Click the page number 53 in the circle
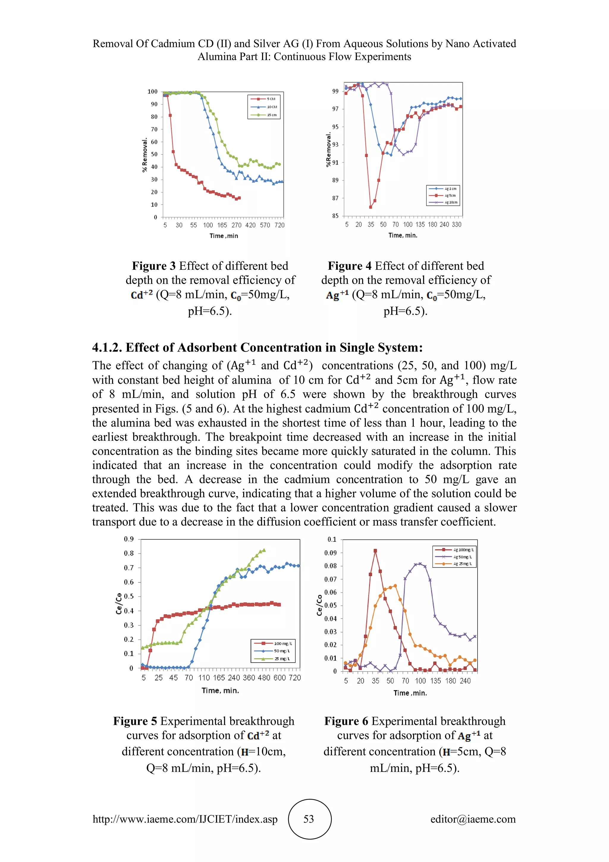(x=309, y=819)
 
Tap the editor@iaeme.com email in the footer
(x=473, y=819)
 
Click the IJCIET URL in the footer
(x=185, y=819)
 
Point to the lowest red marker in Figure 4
(x=371, y=207)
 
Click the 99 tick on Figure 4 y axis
(x=335, y=91)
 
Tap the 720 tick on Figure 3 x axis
(x=280, y=225)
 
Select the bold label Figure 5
(x=135, y=721)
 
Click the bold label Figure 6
(x=346, y=721)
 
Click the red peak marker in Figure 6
(x=375, y=551)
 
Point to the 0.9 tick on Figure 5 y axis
(x=129, y=539)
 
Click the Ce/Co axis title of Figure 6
(x=319, y=605)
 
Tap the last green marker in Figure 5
(x=264, y=550)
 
